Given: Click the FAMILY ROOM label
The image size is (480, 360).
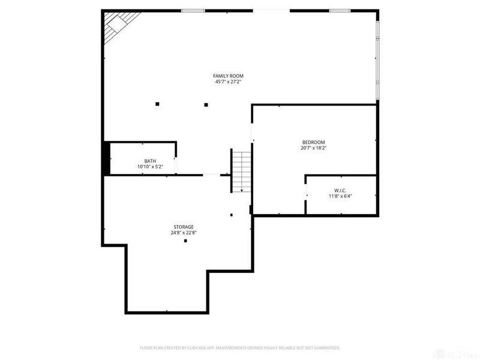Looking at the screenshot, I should [x=229, y=76].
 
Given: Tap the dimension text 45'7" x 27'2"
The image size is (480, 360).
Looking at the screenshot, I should [x=229, y=82].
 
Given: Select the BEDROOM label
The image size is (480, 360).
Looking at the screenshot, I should [x=313, y=142].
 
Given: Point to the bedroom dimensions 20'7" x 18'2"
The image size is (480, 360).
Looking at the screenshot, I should [x=313, y=148].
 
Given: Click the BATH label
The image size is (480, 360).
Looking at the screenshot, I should [x=150, y=161].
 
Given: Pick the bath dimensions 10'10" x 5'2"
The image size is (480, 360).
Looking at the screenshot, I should [x=150, y=167].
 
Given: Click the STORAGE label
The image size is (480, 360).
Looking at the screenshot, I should [x=184, y=227].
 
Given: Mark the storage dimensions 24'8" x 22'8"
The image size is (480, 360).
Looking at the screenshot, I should [x=184, y=233].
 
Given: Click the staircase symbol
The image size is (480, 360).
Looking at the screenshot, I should [x=242, y=171].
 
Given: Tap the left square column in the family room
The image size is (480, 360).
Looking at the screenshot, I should [x=157, y=104].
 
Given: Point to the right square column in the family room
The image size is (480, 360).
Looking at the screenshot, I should [x=206, y=104].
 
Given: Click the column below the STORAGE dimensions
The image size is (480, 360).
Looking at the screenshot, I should [x=185, y=241].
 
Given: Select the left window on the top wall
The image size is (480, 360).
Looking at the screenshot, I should [x=193, y=10].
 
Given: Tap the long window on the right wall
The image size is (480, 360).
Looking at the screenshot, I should [x=377, y=60].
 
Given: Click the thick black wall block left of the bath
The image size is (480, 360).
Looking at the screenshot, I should [x=106, y=158].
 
